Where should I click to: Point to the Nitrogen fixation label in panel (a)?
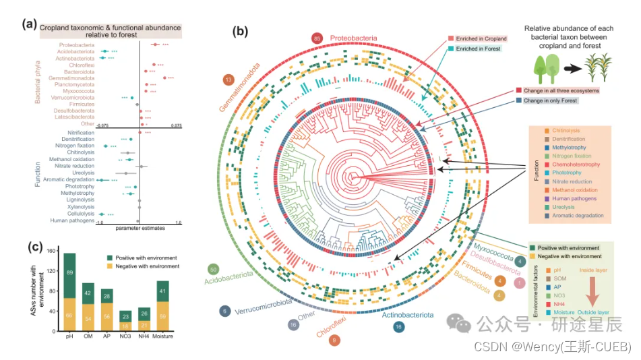coord(75,146)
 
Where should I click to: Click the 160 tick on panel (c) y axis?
coord(52,251)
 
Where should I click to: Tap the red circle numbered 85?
coord(317,38)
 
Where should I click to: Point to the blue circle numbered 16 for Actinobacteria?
coord(400,328)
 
